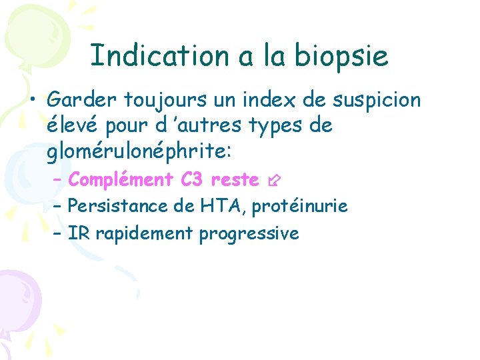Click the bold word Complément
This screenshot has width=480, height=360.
pos(121,180)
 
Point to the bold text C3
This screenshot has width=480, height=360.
pos(192,179)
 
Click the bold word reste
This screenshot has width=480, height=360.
pos(235,180)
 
